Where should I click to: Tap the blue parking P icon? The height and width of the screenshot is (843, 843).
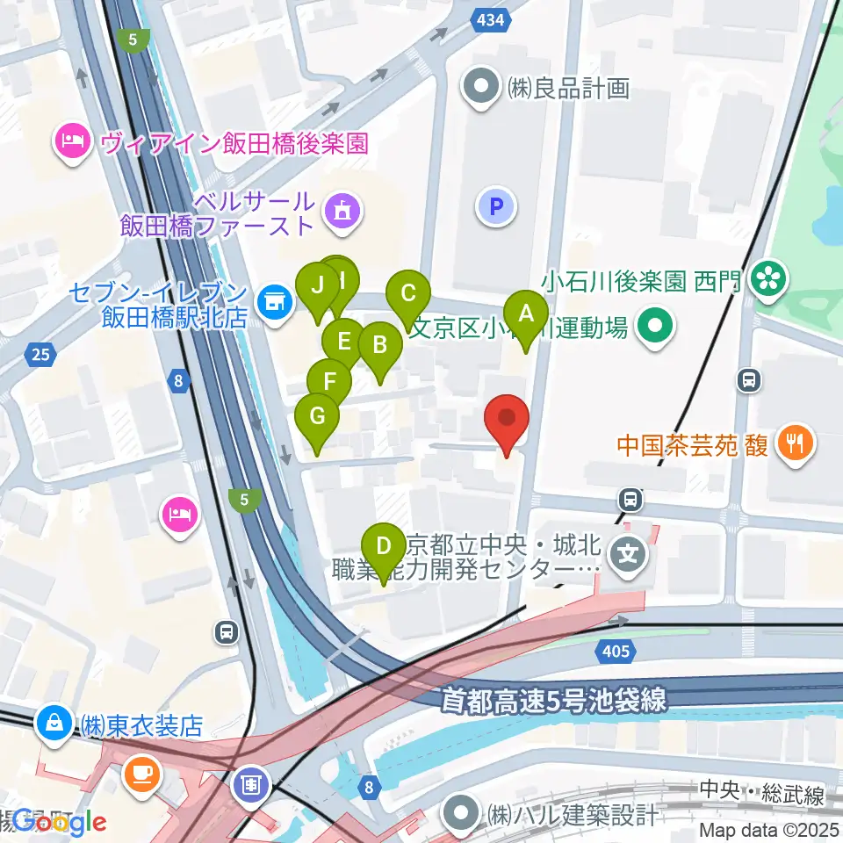pos(496,207)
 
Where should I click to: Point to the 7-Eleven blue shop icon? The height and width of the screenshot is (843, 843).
pos(275,300)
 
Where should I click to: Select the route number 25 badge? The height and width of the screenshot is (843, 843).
pos(40,355)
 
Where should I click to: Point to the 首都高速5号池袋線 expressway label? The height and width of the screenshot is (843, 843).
pos(552,701)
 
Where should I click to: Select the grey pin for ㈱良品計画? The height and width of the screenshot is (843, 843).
pos(482,88)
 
